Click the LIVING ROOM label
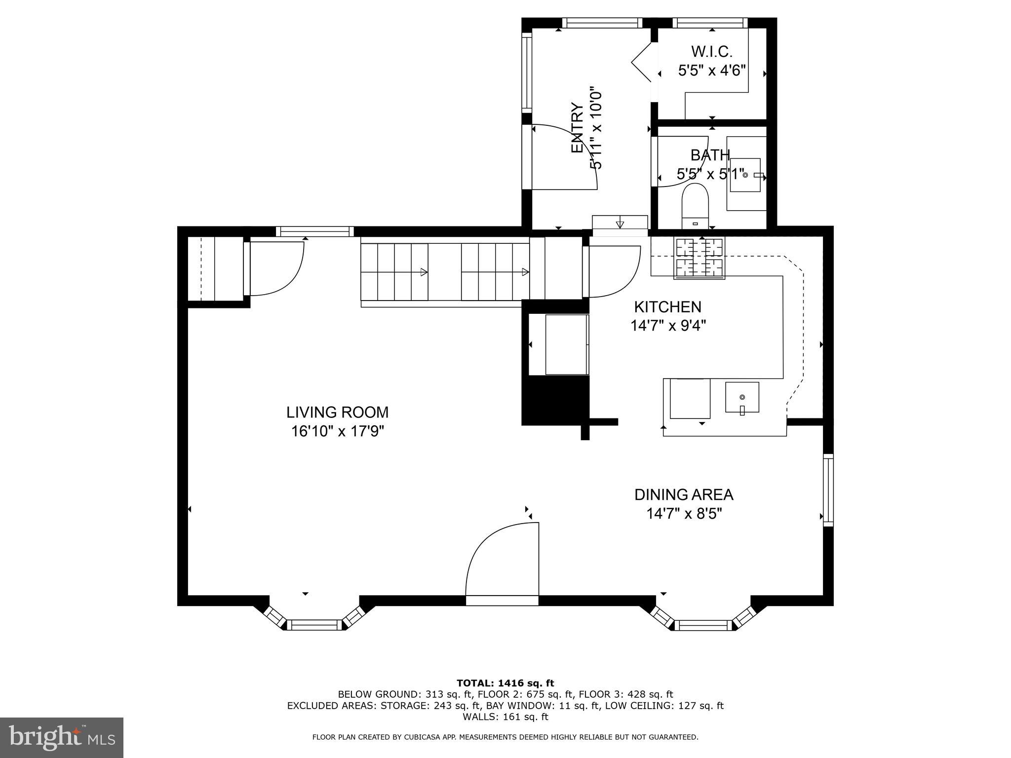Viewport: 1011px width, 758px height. click(x=337, y=412)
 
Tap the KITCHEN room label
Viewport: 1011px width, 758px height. click(x=667, y=307)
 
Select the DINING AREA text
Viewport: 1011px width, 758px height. click(x=684, y=494)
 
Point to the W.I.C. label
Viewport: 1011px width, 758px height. click(x=711, y=51)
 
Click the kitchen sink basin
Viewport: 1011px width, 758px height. click(x=742, y=397)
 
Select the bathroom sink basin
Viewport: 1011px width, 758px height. click(x=745, y=175)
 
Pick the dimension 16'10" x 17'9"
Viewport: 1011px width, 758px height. click(x=337, y=431)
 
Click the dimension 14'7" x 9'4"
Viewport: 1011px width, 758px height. click(x=668, y=326)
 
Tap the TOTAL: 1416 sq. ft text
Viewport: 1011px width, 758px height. click(x=505, y=683)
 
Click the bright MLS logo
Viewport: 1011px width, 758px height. click(x=61, y=737)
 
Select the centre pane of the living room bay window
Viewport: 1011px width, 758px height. click(x=314, y=625)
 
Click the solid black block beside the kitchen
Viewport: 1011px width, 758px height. click(x=555, y=399)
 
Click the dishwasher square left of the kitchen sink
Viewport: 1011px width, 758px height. click(x=690, y=398)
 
